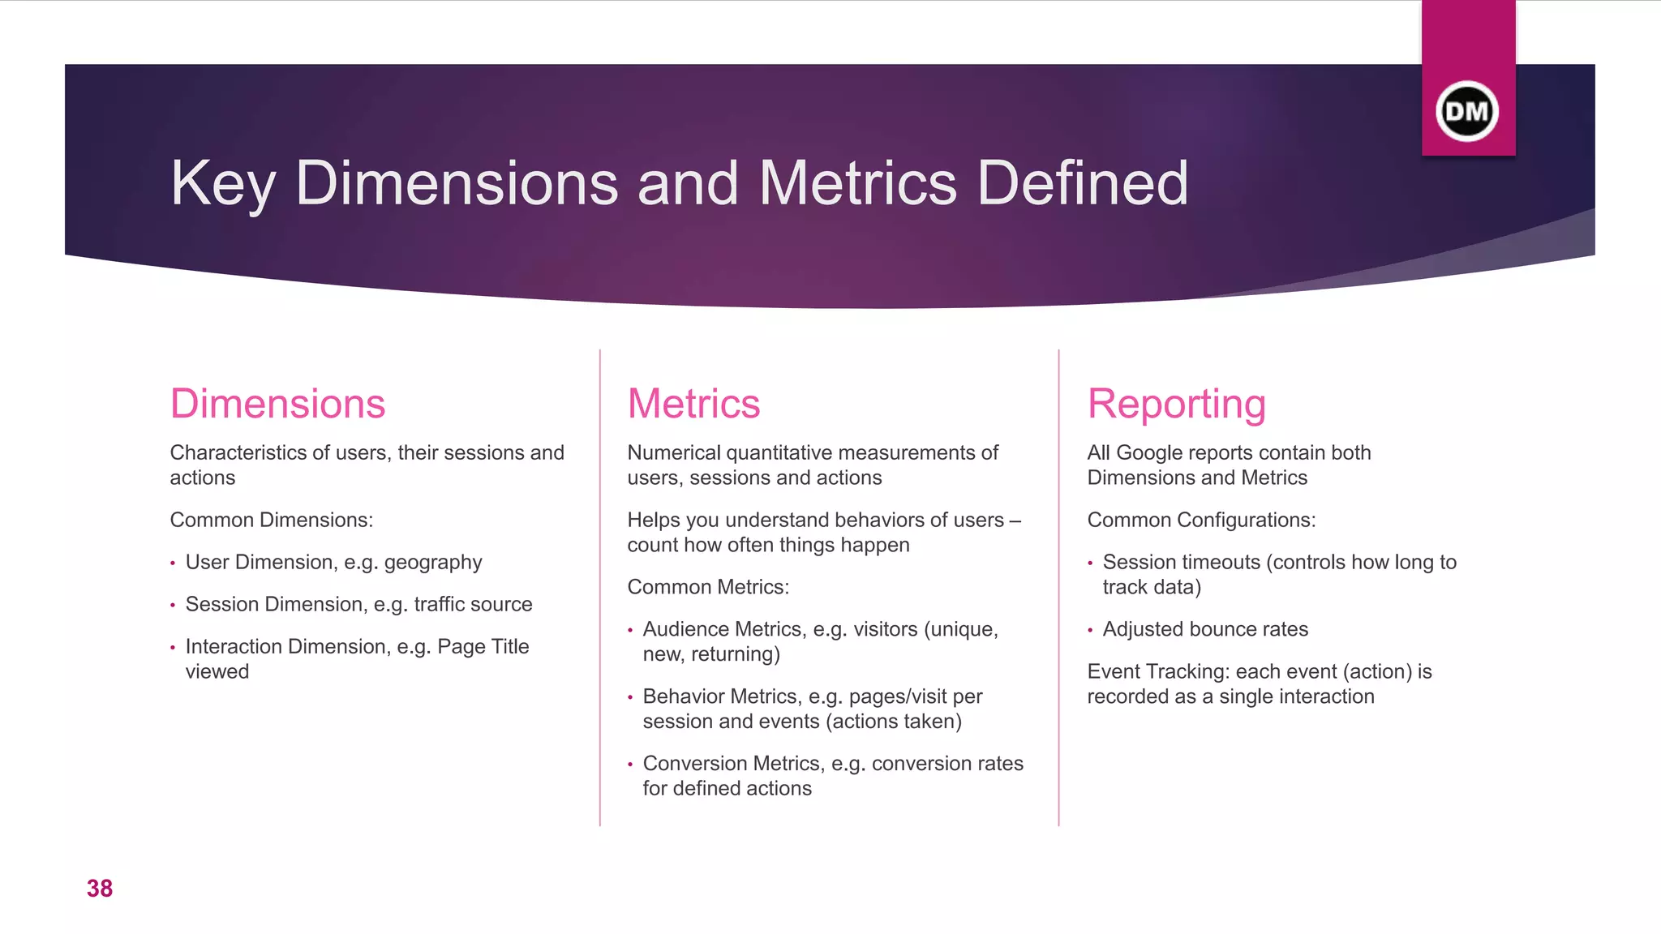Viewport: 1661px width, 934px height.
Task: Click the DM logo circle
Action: (x=1467, y=111)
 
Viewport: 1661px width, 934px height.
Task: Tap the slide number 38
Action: (x=100, y=889)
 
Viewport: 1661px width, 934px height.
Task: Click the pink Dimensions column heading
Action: (x=277, y=404)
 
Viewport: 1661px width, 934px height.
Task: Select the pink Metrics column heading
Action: (x=693, y=404)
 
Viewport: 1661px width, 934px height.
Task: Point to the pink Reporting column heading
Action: (x=1176, y=404)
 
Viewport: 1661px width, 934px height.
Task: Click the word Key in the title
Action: (x=222, y=184)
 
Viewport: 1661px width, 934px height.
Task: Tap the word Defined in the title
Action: (x=1083, y=184)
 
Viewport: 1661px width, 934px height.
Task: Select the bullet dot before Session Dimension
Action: (x=173, y=606)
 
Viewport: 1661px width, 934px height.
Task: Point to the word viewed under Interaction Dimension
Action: (x=217, y=671)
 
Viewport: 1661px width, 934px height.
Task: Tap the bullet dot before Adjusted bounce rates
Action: (x=1091, y=631)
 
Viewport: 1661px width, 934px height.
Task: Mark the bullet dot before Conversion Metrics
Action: (x=630, y=765)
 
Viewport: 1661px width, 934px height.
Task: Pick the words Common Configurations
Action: (x=1201, y=520)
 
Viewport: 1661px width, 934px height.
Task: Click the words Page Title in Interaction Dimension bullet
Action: (x=483, y=646)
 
